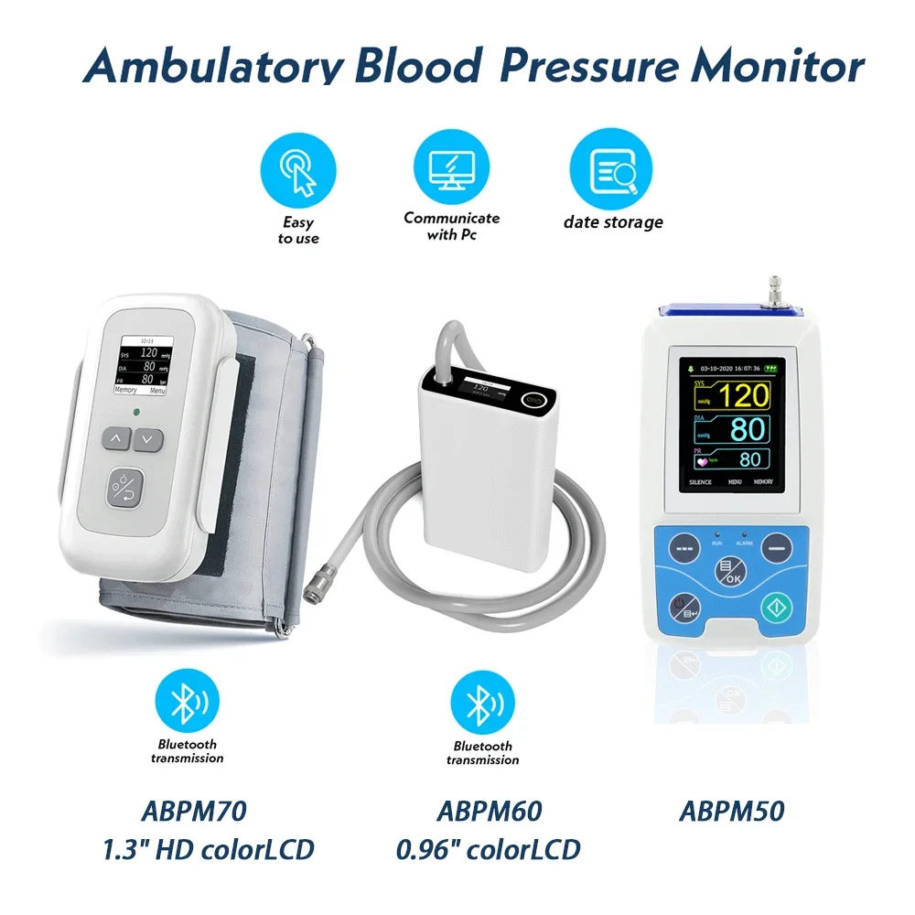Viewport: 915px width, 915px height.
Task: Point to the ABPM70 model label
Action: point(194,812)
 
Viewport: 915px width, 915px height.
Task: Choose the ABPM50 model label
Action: point(732,812)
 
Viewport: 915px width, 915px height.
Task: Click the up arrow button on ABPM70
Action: point(116,439)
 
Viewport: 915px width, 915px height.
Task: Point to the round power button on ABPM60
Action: point(533,400)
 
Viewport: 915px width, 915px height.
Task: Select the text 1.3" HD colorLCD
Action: point(208,849)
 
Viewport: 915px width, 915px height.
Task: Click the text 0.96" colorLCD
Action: point(489,849)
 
